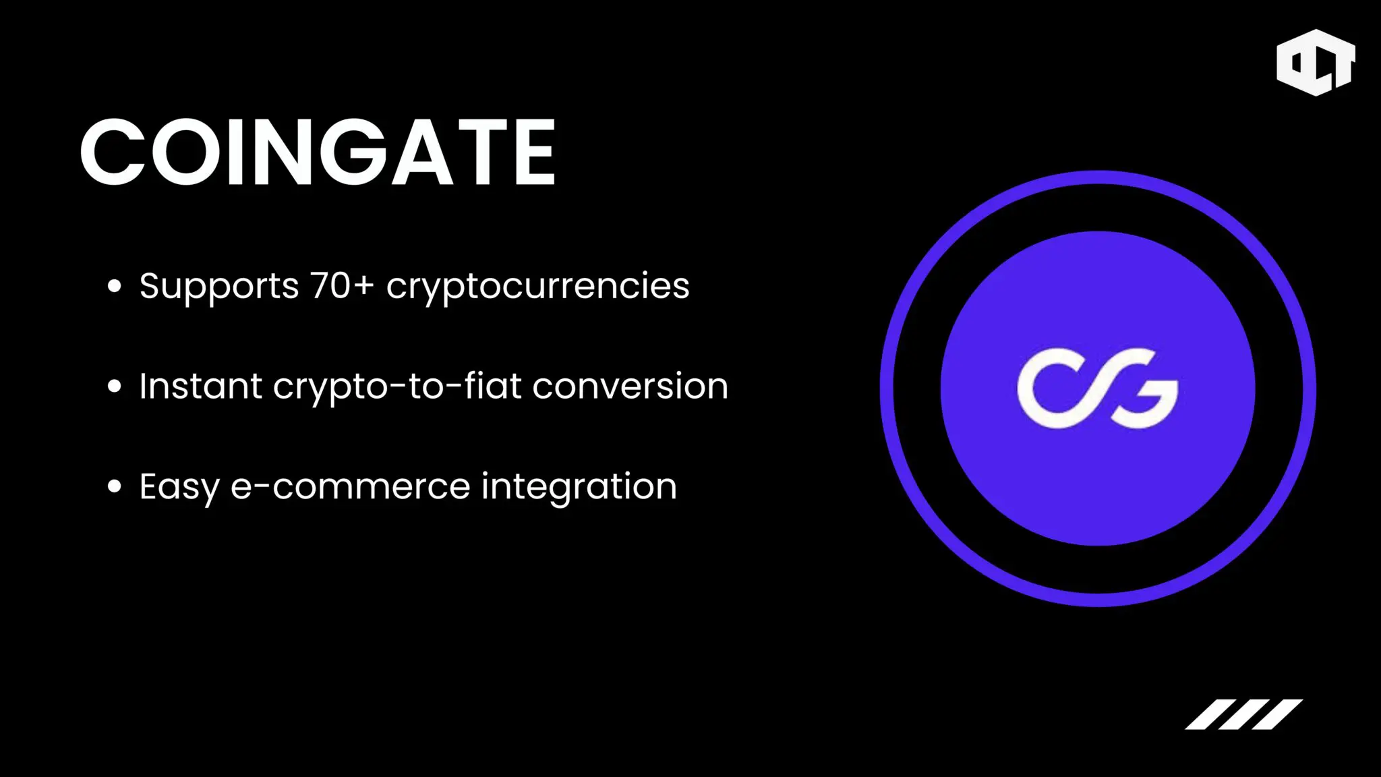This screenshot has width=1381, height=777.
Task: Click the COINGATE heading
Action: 318,152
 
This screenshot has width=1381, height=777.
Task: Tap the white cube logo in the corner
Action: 1316,62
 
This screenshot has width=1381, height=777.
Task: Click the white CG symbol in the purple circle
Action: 1098,388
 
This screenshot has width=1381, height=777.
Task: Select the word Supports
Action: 219,287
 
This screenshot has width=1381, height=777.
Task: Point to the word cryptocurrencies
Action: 538,287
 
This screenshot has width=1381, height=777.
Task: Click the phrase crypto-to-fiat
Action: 397,387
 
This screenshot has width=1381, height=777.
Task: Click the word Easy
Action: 179,487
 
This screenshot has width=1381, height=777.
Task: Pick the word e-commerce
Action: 351,487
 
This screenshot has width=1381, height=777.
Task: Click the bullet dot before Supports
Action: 115,286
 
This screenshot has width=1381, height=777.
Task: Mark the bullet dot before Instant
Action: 115,386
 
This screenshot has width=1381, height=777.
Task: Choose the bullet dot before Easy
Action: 115,486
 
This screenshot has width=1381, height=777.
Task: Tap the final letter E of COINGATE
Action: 535,152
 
